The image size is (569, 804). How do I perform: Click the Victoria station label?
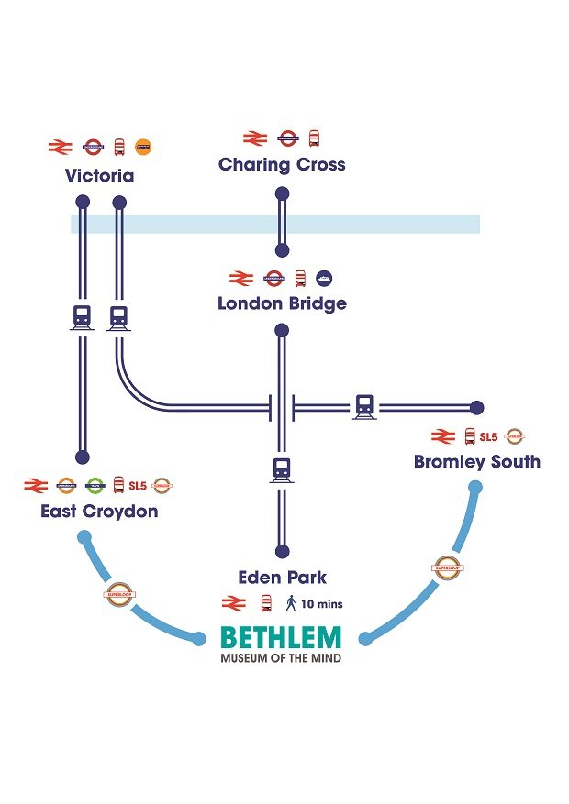(99, 175)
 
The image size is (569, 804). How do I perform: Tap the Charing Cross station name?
(282, 165)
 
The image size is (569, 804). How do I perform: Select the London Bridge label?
(282, 303)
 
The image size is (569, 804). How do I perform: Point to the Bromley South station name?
(476, 461)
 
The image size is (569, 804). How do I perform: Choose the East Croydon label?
(99, 511)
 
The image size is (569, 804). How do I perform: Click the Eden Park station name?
(282, 578)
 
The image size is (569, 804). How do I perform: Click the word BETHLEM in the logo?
(281, 637)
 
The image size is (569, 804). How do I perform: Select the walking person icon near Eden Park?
(292, 602)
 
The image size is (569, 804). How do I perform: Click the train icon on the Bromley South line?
(364, 406)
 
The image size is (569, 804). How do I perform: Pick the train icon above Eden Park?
(282, 470)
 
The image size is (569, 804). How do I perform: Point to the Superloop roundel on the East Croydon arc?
(119, 593)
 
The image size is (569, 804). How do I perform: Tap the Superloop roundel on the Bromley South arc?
(445, 567)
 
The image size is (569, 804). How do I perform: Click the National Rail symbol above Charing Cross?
(254, 138)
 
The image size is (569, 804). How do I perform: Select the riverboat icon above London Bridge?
(324, 278)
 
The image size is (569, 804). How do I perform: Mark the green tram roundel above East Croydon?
(94, 485)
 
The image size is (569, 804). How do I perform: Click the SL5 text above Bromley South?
(488, 436)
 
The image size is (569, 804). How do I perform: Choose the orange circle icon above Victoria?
(143, 146)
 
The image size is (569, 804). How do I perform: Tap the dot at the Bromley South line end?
(475, 407)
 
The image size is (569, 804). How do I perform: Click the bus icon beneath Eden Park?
(266, 603)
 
